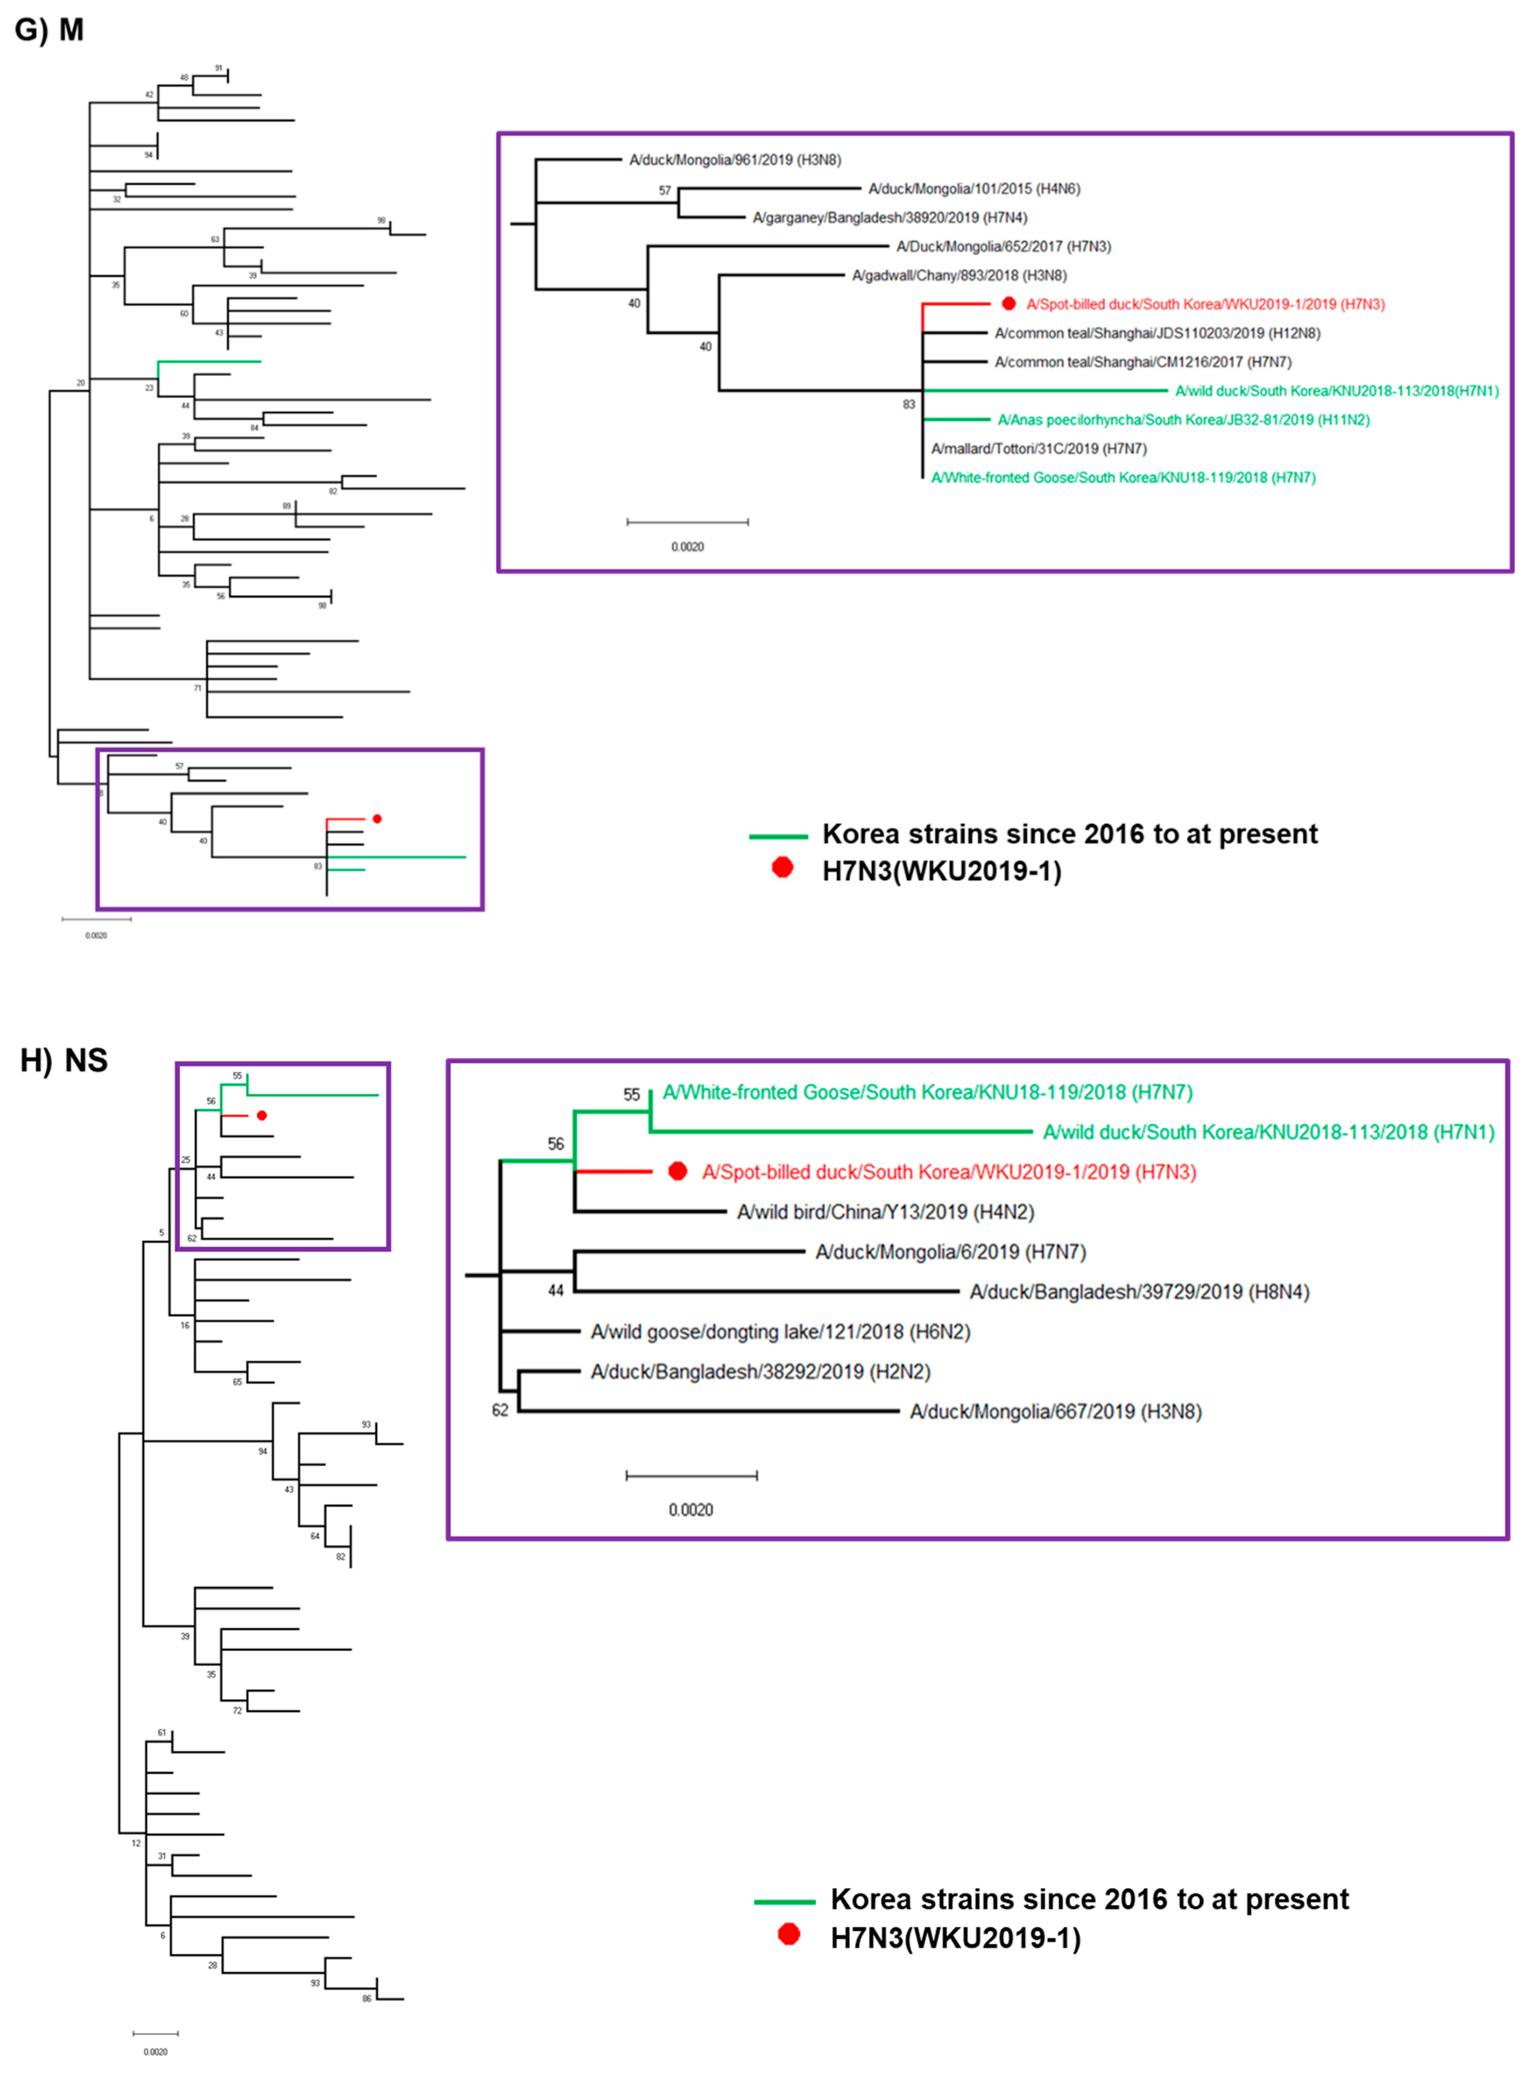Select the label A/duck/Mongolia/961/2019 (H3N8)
[734, 160]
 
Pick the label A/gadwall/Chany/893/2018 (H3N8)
[959, 276]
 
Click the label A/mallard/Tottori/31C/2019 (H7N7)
[1038, 449]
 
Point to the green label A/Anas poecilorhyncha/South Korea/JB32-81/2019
[1183, 420]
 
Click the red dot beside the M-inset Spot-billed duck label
[1008, 304]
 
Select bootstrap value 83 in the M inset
[909, 405]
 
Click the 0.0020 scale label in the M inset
[687, 547]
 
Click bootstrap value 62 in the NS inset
[500, 1410]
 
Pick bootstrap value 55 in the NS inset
[632, 1094]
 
